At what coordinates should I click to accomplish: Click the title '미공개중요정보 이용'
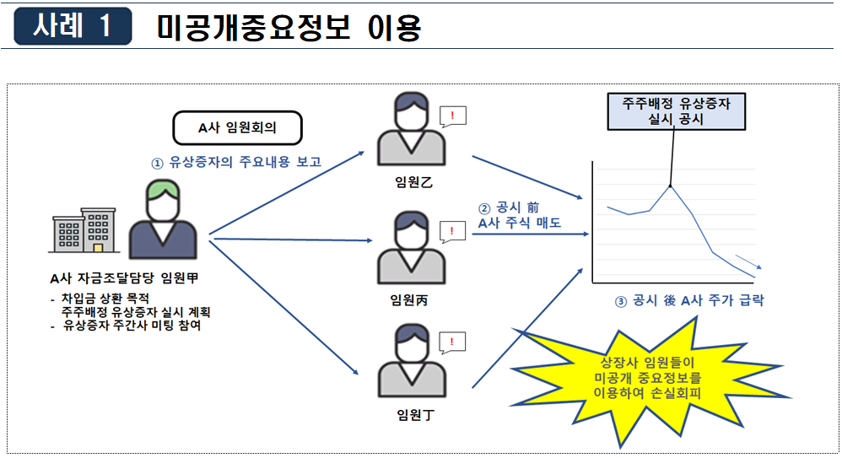pyautogui.click(x=289, y=28)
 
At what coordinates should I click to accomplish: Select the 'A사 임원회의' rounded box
pyautogui.click(x=237, y=128)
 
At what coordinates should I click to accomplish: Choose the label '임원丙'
pyautogui.click(x=408, y=300)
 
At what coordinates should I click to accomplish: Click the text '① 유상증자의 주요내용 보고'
pyautogui.click(x=235, y=162)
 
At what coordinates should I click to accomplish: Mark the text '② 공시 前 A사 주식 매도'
pyautogui.click(x=519, y=215)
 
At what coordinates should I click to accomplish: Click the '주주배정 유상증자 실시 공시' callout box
pyautogui.click(x=676, y=110)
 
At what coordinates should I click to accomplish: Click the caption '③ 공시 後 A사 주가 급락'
pyautogui.click(x=690, y=300)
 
